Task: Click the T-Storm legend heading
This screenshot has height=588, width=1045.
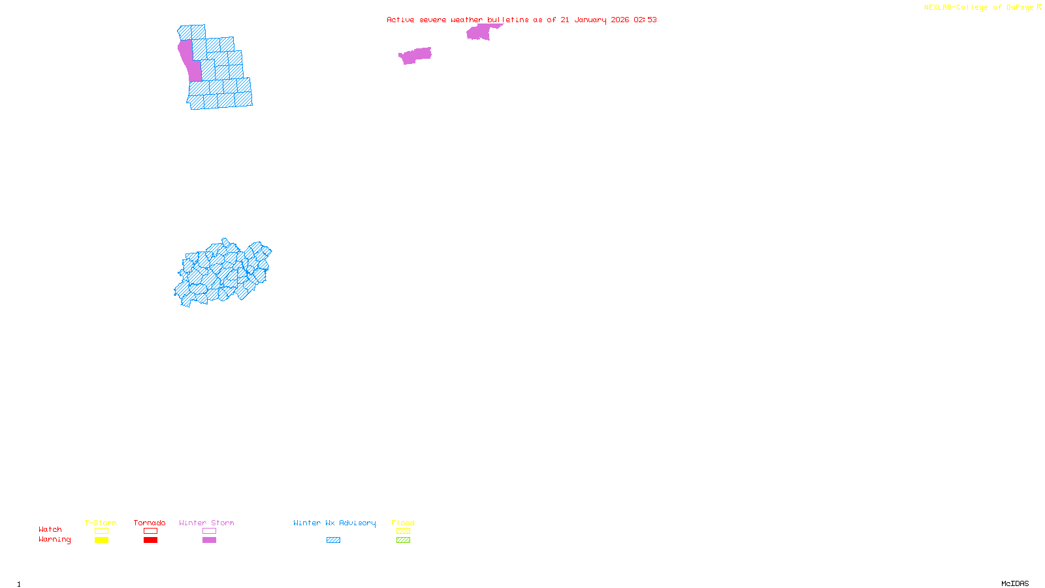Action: pos(101,523)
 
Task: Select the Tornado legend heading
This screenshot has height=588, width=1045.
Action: pos(150,523)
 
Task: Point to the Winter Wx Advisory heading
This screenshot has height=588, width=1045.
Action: pos(334,523)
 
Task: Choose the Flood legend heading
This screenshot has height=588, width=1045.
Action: pos(403,523)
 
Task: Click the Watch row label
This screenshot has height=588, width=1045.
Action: pos(50,529)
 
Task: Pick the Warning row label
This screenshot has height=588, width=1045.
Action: pos(55,540)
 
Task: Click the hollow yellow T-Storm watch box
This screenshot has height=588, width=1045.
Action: pos(101,531)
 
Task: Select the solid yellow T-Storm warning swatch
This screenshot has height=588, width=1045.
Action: pos(101,540)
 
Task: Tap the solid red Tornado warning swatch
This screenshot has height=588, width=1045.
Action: pos(150,540)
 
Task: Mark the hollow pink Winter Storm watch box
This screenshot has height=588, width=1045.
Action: pos(209,531)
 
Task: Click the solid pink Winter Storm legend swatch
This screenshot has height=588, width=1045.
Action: pos(209,540)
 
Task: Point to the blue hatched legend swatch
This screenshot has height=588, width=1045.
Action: pos(333,540)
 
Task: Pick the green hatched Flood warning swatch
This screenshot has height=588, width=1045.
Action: pos(403,540)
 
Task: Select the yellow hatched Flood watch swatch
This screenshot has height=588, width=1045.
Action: pos(403,531)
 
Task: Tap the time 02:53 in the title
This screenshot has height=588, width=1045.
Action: pos(645,20)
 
